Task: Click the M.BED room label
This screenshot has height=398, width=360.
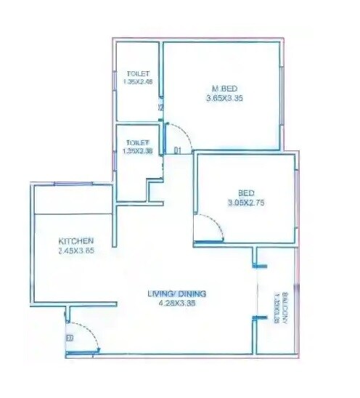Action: pos(221,90)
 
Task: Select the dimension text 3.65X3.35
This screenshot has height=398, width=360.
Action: pos(221,99)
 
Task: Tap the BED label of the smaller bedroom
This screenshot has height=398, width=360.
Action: pos(246,192)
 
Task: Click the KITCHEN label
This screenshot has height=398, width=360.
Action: pos(76,241)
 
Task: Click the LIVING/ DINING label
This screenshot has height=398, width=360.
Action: pos(177,293)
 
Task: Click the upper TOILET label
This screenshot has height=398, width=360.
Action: pos(138,74)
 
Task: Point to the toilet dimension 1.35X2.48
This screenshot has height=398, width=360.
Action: pos(138,82)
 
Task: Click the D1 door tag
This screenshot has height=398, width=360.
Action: pos(176,150)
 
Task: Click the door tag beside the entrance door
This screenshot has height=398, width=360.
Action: pos(70,338)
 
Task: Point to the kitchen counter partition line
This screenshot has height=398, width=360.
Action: pos(71,214)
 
